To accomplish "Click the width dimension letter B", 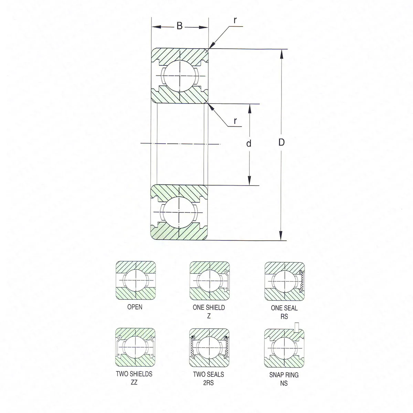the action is [179, 26].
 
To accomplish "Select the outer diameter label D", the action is [282, 142].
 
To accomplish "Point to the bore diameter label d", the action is [248, 144].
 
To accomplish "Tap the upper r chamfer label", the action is [235, 20].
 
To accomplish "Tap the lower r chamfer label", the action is [235, 121].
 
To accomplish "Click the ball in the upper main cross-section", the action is [180, 76].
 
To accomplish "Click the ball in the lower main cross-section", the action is [179, 212].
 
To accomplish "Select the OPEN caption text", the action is [135, 307].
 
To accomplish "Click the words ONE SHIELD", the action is [209, 307].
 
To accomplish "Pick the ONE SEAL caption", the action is [284, 308].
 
